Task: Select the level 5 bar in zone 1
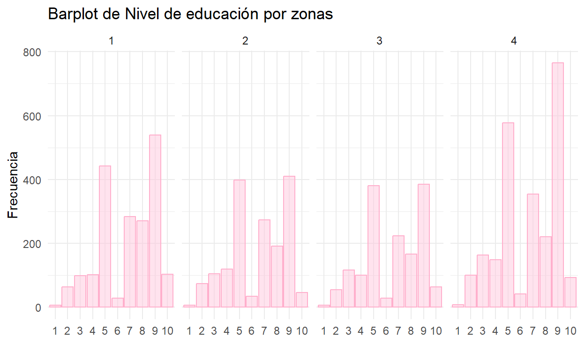click(105, 237)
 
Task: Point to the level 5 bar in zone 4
click(508, 215)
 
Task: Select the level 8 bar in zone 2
click(277, 277)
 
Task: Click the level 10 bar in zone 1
click(167, 291)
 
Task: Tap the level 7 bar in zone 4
click(533, 251)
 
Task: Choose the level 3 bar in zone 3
click(349, 289)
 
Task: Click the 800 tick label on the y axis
click(32, 52)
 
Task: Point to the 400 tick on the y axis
click(32, 180)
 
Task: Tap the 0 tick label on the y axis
click(38, 308)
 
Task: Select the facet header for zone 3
click(379, 41)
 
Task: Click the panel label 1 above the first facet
click(111, 41)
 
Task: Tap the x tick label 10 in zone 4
click(570, 331)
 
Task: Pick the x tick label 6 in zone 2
click(252, 331)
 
